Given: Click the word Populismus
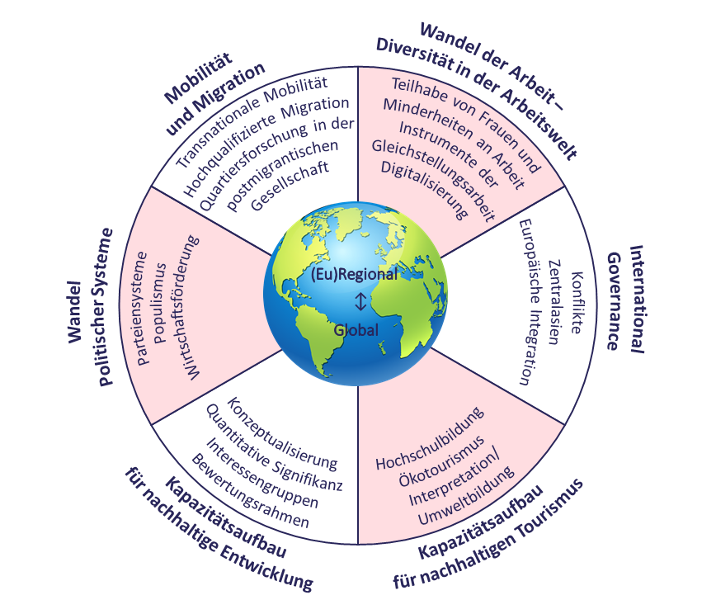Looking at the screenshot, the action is (x=160, y=303).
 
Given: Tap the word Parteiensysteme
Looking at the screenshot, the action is (x=142, y=309).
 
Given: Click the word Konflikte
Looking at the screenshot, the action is (x=577, y=303).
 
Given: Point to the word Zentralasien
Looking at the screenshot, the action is (x=554, y=302).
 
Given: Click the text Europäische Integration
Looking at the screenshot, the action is (x=530, y=302).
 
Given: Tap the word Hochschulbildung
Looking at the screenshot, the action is (x=430, y=438).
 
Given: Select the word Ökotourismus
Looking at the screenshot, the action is (x=441, y=461).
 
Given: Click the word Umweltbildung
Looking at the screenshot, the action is (x=466, y=496).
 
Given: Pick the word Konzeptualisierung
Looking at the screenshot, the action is (x=282, y=433).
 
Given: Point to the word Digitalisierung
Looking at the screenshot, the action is (x=424, y=190).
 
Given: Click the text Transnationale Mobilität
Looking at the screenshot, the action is (x=252, y=121).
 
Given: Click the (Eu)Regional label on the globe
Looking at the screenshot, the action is (x=355, y=274).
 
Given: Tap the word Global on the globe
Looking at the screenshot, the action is (x=356, y=330).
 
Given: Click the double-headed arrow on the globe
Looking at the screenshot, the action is (x=360, y=301).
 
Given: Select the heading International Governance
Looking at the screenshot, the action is (x=625, y=300).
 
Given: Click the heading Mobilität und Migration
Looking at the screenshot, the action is (x=214, y=94).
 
